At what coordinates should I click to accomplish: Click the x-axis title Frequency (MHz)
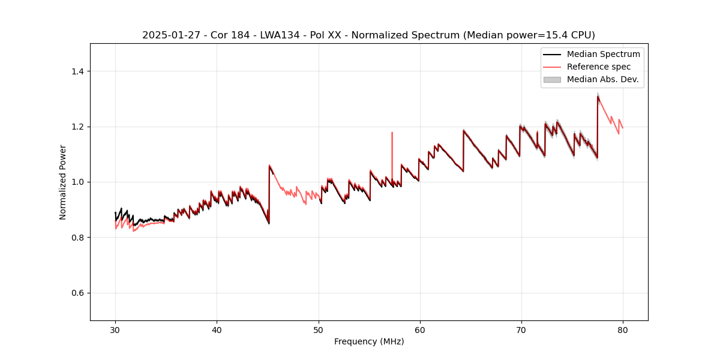tap(369, 341)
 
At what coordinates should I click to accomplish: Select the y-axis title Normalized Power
tap(63, 182)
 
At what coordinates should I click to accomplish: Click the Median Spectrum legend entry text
tap(603, 54)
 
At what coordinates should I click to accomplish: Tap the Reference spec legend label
tap(598, 67)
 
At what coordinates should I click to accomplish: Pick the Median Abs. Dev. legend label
tap(602, 79)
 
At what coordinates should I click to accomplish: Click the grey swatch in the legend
tap(552, 79)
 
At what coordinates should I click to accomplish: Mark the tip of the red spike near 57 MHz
tap(392, 133)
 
